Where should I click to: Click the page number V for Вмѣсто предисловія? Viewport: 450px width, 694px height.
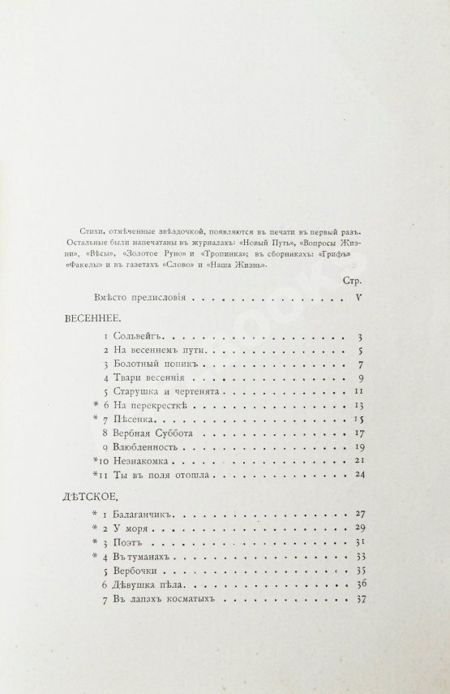pyautogui.click(x=358, y=297)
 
